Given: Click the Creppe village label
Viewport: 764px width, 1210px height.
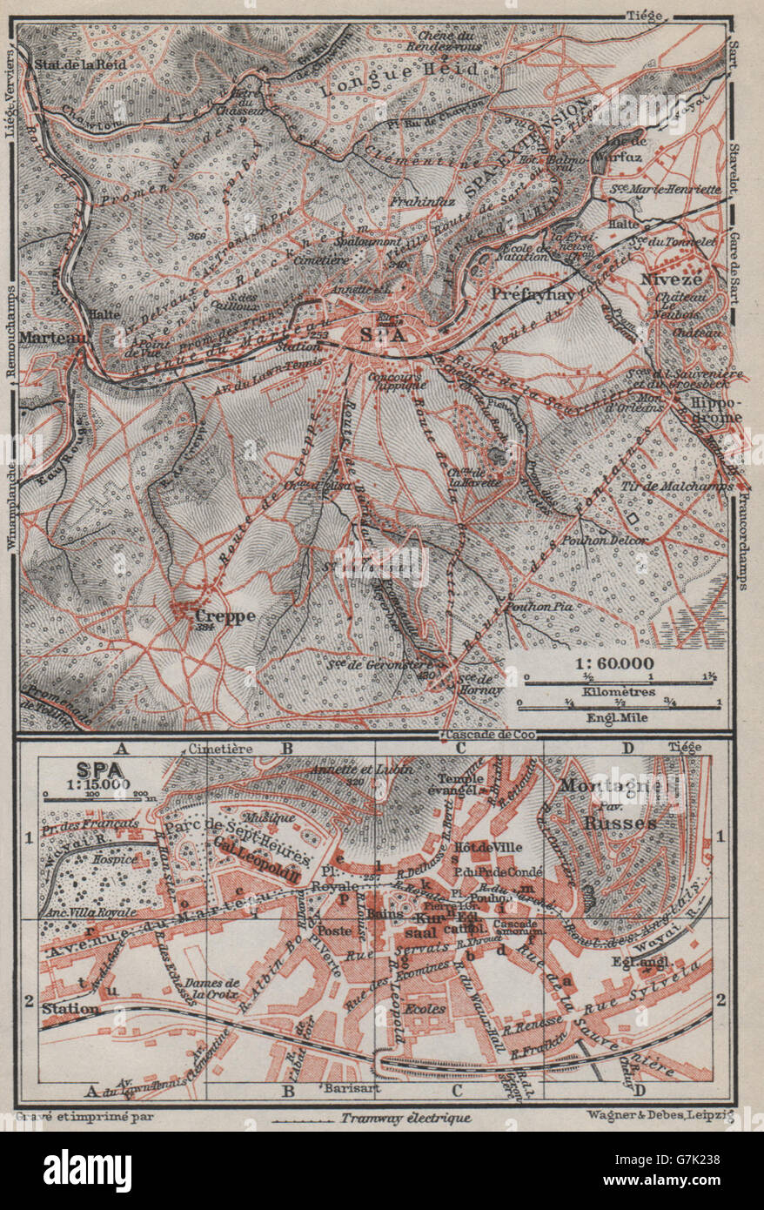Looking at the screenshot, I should pyautogui.click(x=225, y=615).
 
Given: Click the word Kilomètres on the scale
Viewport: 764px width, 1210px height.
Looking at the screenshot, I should pyautogui.click(x=620, y=688).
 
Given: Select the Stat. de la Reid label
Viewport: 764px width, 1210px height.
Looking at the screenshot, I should pyautogui.click(x=75, y=64).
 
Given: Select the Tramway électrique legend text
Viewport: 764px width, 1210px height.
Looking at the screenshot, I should pyautogui.click(x=405, y=1119).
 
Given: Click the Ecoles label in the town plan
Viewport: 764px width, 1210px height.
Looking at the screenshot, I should pyautogui.click(x=425, y=1009).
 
